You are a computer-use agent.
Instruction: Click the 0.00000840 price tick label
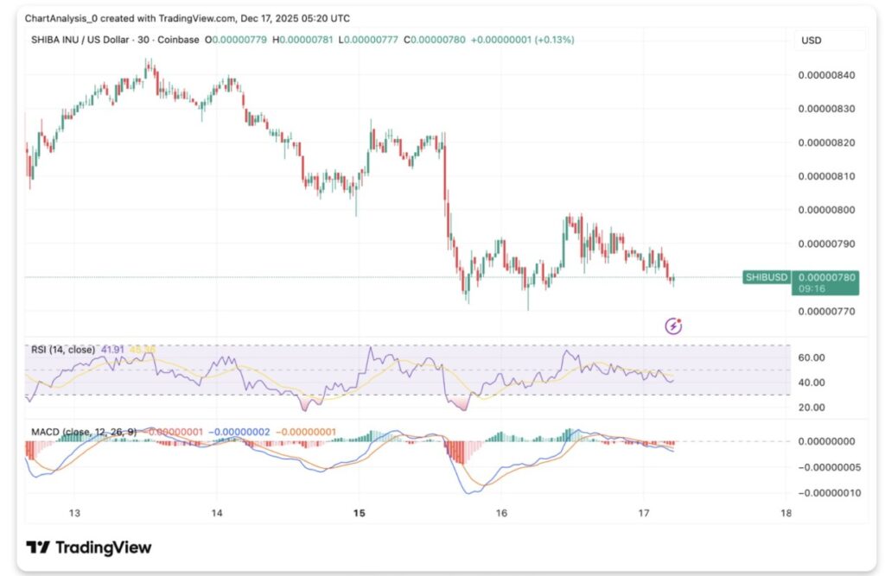825,75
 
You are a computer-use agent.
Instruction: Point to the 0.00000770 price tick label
825,311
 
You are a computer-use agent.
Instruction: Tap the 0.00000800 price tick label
825,210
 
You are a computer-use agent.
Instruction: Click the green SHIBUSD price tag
767,277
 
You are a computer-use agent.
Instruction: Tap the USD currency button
812,41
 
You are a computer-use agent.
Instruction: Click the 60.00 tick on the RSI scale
812,358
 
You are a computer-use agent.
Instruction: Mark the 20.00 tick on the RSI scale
812,407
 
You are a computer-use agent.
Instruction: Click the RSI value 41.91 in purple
114,350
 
